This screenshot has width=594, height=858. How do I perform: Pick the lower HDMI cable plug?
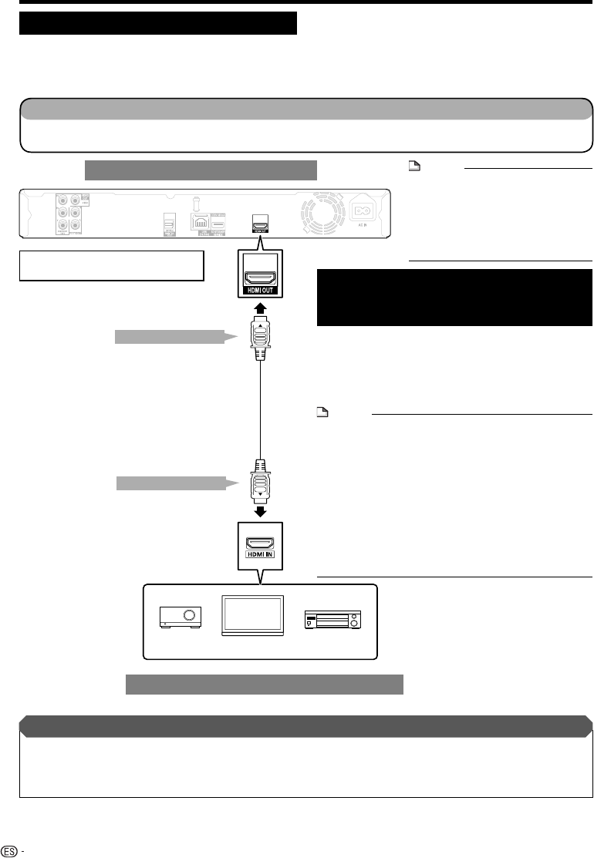point(260,483)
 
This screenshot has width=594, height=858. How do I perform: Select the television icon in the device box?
point(251,614)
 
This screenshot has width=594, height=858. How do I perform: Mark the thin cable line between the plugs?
point(260,409)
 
